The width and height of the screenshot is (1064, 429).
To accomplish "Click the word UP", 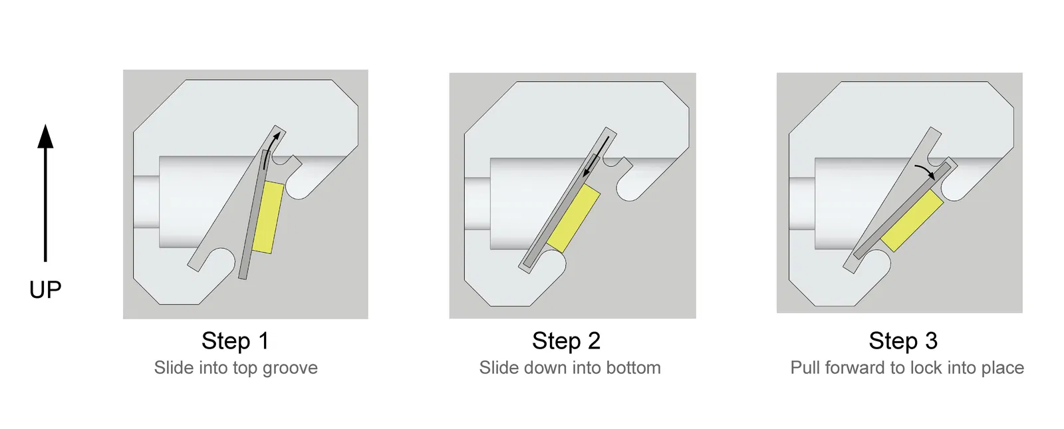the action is [x=45, y=289].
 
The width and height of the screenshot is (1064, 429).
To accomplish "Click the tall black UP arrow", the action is [x=46, y=193].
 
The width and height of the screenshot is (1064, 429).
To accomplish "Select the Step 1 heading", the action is [x=235, y=341].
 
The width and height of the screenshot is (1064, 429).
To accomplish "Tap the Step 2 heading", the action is [x=566, y=341].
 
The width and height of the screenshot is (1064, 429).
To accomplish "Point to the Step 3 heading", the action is [x=903, y=341].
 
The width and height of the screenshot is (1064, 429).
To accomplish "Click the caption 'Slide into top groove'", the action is [x=235, y=368].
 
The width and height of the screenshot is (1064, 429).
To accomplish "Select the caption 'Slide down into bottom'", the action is [x=569, y=368].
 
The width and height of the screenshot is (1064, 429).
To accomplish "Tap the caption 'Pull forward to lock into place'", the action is [x=907, y=368].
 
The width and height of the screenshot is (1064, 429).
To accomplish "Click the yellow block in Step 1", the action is [x=268, y=217].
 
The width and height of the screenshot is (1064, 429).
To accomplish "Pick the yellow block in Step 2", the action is [x=573, y=218].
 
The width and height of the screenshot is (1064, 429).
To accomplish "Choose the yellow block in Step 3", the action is [x=912, y=220].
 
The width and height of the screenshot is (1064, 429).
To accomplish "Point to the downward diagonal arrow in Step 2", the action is [x=597, y=156].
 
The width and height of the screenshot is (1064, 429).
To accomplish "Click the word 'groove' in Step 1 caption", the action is [x=290, y=368].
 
